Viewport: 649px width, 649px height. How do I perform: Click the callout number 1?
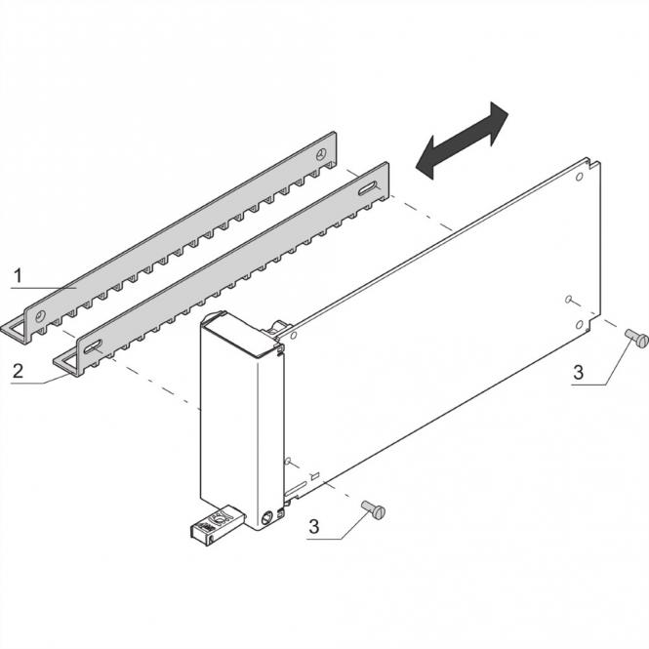tap(19, 277)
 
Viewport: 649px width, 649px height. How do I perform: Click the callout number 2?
tap(19, 373)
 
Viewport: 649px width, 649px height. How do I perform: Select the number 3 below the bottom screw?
tap(313, 526)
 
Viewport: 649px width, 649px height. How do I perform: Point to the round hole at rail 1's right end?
tap(323, 154)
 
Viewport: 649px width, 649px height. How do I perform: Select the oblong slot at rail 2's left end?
tap(91, 345)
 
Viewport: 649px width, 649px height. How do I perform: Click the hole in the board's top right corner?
tap(582, 177)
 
